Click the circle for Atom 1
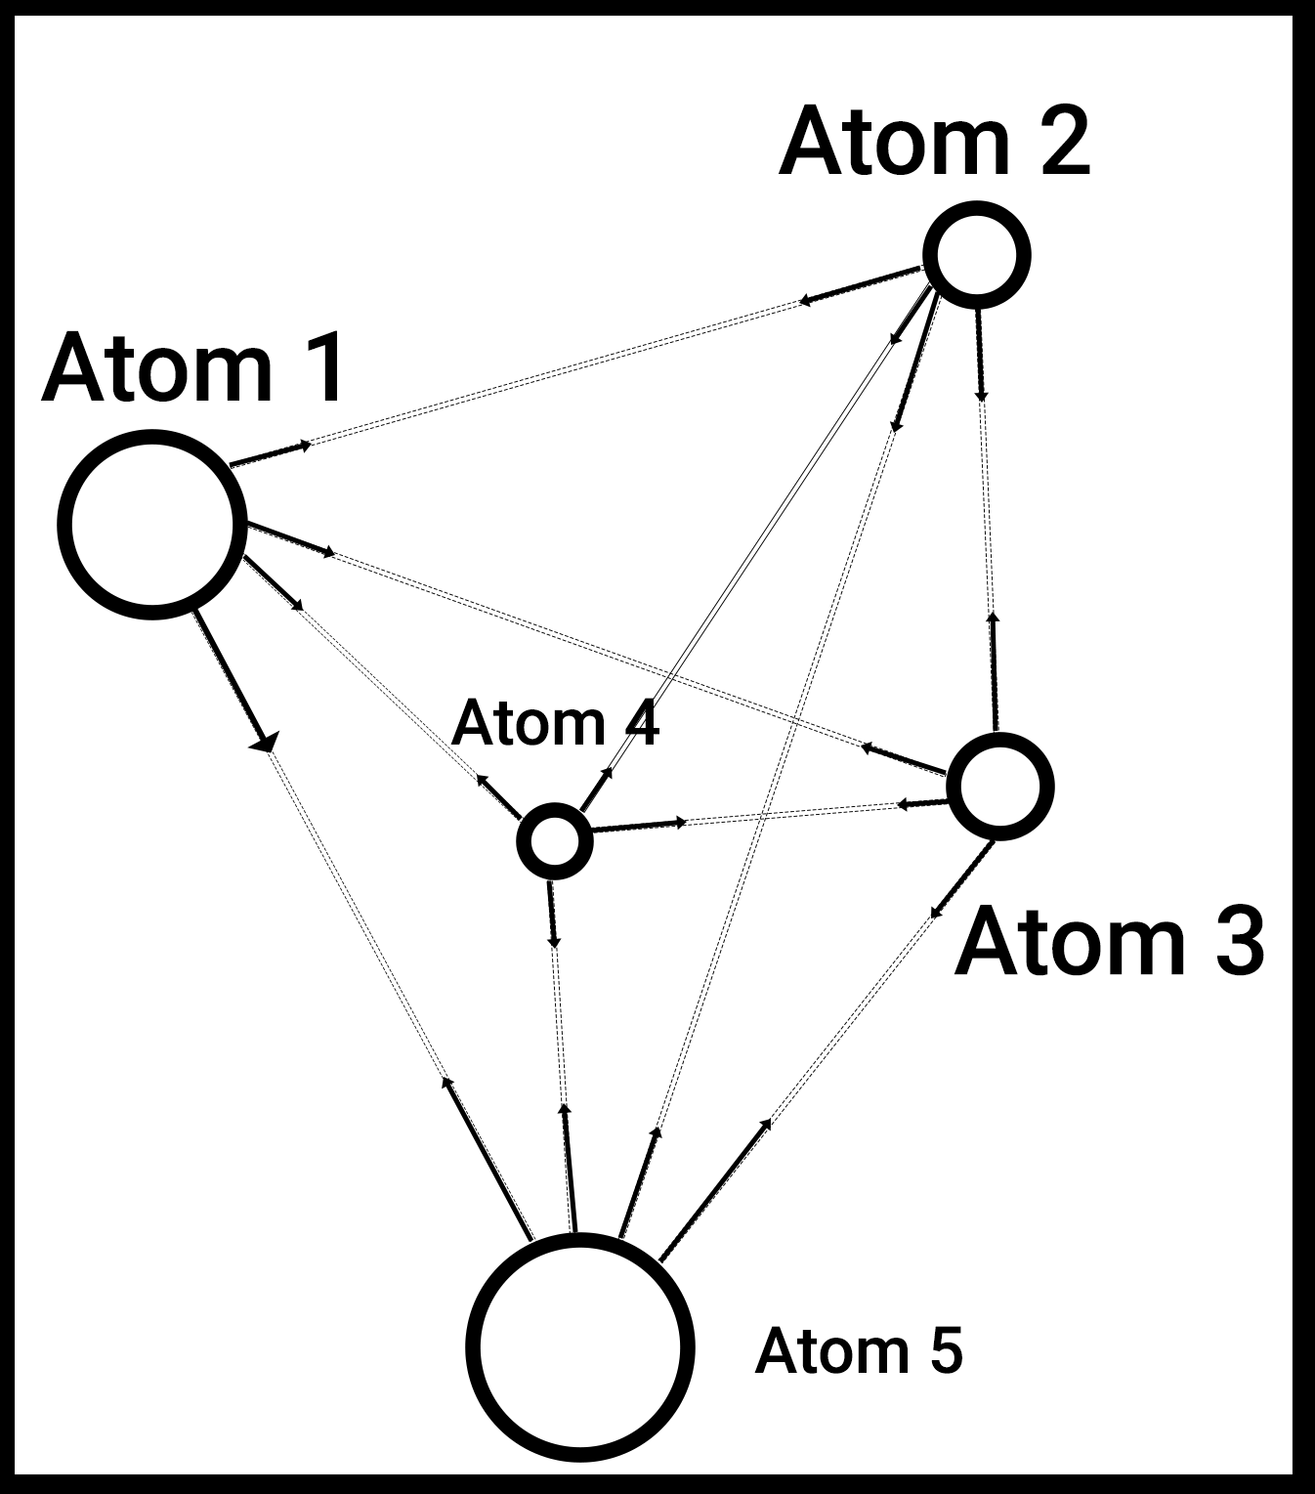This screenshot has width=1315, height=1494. coord(151,524)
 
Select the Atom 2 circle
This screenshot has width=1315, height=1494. coord(976,254)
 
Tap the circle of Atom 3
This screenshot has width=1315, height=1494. coord(1000,786)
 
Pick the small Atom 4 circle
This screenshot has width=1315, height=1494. coord(554,840)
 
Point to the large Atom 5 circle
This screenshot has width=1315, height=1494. coord(580,1345)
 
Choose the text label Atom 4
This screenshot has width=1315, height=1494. coord(555,723)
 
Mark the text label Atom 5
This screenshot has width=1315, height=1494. coord(859,1350)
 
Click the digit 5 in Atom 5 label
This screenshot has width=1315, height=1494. coord(945,1350)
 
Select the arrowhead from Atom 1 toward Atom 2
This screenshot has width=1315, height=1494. coord(306,446)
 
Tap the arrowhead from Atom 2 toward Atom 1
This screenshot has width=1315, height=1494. coord(805,301)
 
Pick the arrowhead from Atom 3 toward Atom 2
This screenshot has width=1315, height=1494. coord(993,619)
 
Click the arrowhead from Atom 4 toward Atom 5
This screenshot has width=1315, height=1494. coord(554,941)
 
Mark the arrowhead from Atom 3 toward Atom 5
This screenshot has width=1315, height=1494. coord(936,912)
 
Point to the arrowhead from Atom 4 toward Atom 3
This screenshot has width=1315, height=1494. coord(679,823)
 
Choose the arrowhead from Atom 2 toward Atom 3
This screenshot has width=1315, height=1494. coord(982,395)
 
